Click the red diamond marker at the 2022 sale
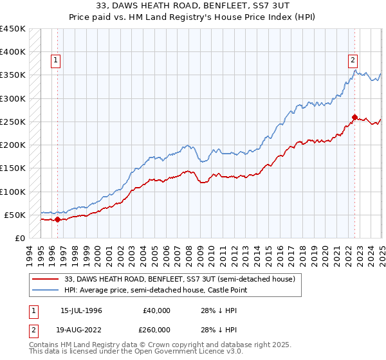[354, 117]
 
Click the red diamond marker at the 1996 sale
[57, 219]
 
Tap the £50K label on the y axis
[15, 215]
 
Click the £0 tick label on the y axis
[20, 238]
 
